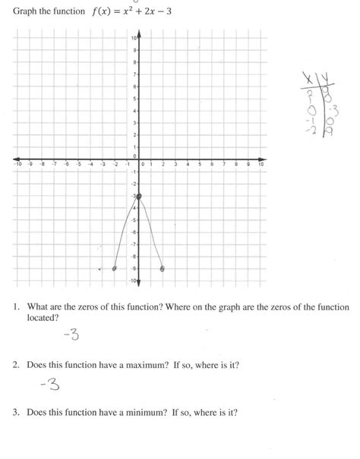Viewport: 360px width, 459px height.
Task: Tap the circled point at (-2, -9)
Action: pos(115,269)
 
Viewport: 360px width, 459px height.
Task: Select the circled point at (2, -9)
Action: pos(163,269)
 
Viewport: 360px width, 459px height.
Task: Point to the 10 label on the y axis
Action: pos(134,38)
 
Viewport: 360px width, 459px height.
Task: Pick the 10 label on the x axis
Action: pos(261,164)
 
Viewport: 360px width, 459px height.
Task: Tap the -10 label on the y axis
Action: pos(133,281)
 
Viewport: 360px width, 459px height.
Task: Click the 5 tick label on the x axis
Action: pos(200,164)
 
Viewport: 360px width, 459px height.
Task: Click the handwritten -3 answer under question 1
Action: pos(71,335)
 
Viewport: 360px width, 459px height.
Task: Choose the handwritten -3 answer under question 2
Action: pos(51,385)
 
